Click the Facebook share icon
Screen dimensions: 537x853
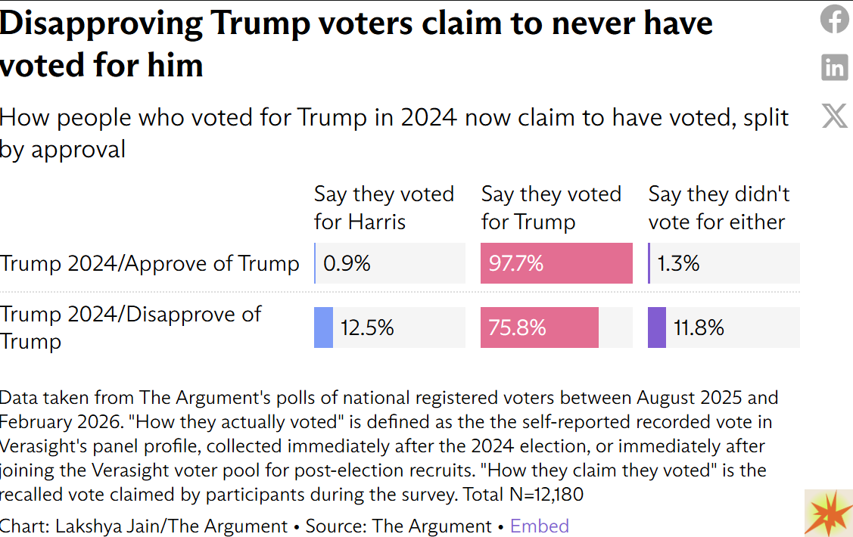click(835, 19)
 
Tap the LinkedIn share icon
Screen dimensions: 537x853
click(835, 67)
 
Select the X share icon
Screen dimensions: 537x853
click(835, 116)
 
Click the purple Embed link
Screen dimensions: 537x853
click(539, 526)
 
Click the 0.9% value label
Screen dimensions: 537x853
click(347, 263)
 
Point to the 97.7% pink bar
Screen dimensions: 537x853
click(556, 263)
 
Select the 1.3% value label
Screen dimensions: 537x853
click(678, 263)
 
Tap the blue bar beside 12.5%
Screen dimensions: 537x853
click(323, 327)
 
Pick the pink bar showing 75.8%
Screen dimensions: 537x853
click(539, 327)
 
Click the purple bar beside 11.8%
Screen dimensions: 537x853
click(657, 327)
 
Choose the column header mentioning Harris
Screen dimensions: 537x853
click(384, 208)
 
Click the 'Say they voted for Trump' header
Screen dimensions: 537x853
click(551, 208)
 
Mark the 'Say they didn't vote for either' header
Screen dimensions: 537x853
click(718, 208)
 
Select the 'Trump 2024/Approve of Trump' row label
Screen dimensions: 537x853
click(150, 263)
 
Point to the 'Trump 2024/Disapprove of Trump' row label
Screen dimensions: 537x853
click(130, 327)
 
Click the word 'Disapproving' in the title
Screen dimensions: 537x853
click(101, 23)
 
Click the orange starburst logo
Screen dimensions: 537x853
click(828, 513)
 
